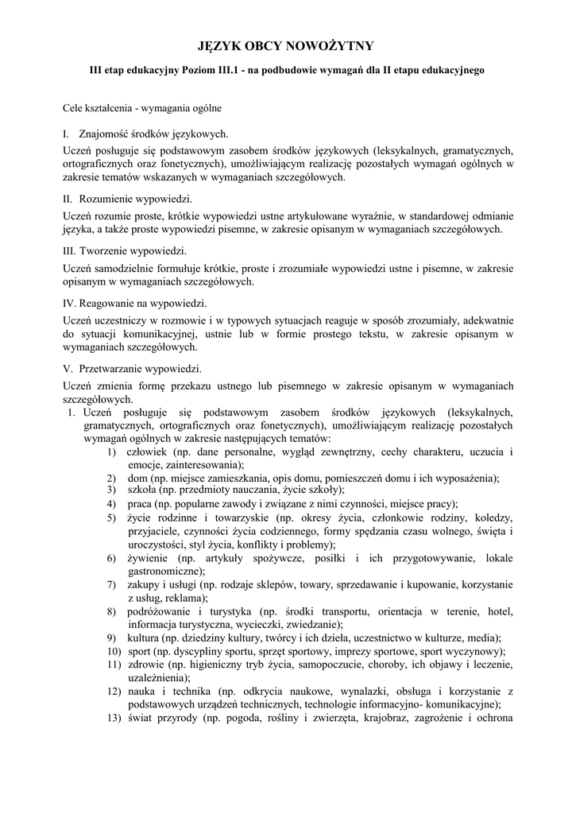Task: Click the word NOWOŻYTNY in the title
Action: click(x=333, y=46)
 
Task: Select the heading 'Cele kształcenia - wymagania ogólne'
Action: click(x=142, y=107)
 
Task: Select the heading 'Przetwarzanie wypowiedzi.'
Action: click(x=140, y=369)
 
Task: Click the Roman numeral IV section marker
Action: click(x=68, y=303)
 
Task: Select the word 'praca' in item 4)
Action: click(x=140, y=504)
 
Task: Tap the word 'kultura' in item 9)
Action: click(x=143, y=638)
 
